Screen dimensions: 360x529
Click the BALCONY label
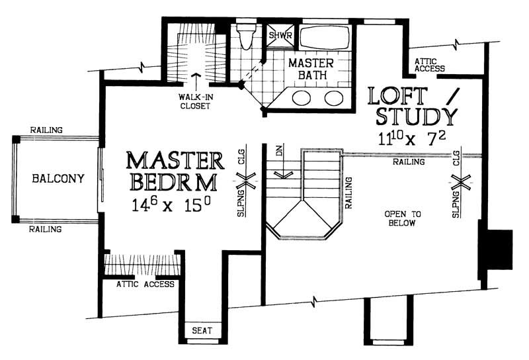[57, 178]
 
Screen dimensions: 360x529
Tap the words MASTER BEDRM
[175, 171]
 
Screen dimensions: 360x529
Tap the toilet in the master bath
[246, 37]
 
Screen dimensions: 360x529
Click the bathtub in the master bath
[323, 38]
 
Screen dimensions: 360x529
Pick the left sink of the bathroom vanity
[302, 99]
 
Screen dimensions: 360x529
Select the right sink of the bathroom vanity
[333, 99]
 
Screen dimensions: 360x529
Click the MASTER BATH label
[311, 68]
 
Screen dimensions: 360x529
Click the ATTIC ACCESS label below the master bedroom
[145, 285]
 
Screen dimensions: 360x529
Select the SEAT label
[202, 330]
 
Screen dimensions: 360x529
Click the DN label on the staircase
[280, 152]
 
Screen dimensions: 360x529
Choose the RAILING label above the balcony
[46, 130]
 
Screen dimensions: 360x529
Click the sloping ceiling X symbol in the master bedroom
[247, 178]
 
